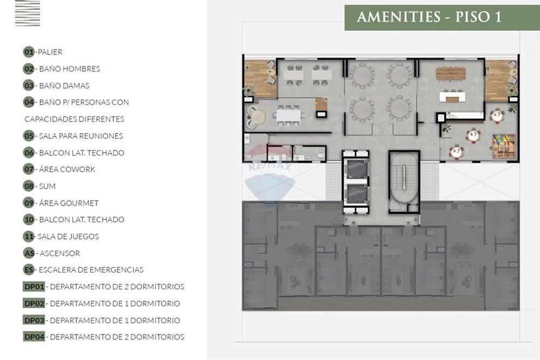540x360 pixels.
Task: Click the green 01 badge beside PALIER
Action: pos(29,52)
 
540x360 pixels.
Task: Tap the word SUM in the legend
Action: pos(47,186)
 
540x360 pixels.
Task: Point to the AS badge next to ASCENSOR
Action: pos(29,253)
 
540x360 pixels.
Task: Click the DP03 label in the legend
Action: pos(34,320)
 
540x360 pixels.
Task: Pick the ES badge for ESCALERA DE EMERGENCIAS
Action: pos(29,270)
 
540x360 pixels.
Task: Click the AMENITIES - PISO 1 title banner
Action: pos(429,17)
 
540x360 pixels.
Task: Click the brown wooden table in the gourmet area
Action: pos(450,73)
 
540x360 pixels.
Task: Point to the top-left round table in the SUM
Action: pos(362,75)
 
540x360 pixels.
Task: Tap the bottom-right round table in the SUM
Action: pos(400,108)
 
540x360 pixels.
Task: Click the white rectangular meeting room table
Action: pos(288,115)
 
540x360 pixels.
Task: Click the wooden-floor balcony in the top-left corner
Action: pos(259,79)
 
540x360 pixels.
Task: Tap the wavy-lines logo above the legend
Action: pos(28,13)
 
